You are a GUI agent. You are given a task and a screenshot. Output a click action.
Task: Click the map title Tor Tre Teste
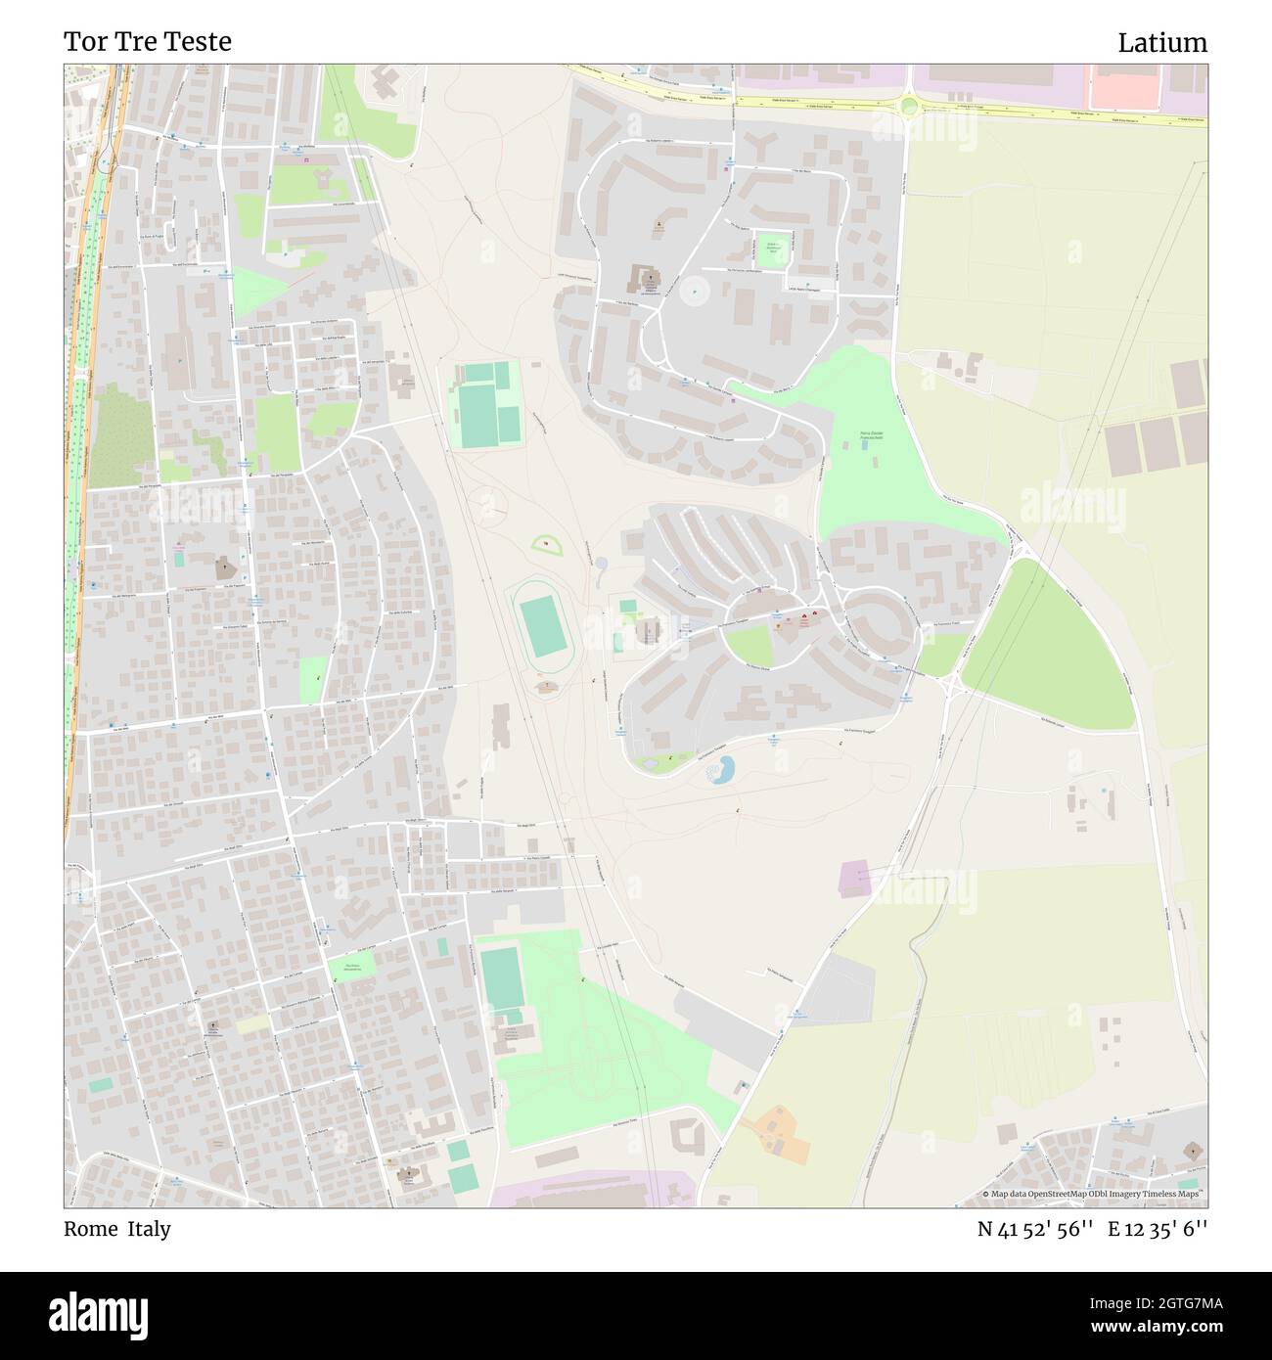tap(148, 42)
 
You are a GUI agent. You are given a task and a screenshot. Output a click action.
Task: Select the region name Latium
tap(1162, 43)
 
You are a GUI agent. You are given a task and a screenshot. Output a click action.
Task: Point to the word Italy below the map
tap(148, 1229)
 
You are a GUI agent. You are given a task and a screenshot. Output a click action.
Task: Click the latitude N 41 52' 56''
tap(1034, 1230)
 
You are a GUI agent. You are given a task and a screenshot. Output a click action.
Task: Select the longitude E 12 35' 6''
tap(1158, 1230)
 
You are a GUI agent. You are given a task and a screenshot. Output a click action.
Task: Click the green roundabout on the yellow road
tap(909, 105)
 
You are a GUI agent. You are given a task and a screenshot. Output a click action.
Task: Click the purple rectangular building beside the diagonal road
tap(854, 879)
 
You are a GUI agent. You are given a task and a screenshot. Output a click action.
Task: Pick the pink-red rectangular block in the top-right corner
tap(1124, 87)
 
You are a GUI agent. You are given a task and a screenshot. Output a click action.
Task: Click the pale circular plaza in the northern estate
tap(695, 289)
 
